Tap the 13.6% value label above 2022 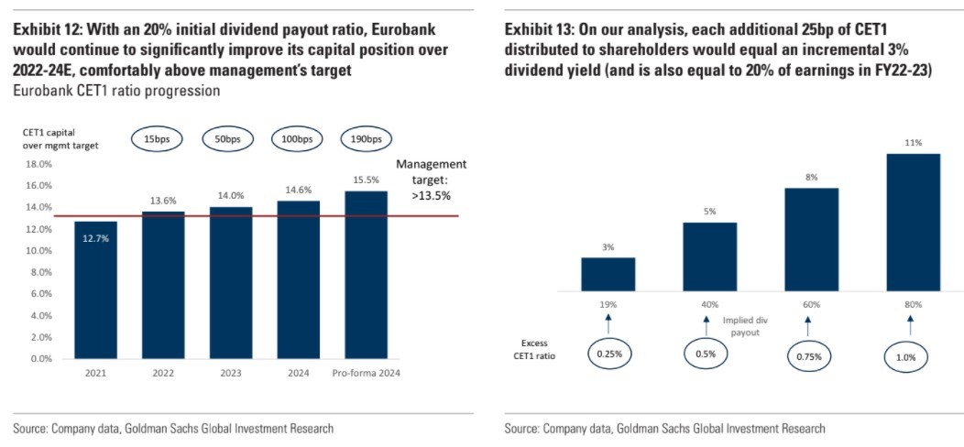[163, 201]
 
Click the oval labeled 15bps [163, 139]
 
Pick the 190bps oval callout [366, 139]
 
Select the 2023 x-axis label [230, 373]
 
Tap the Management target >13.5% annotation [431, 180]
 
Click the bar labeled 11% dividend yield [909, 223]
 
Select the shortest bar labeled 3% [608, 274]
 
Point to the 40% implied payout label [708, 304]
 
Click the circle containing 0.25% [608, 353]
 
